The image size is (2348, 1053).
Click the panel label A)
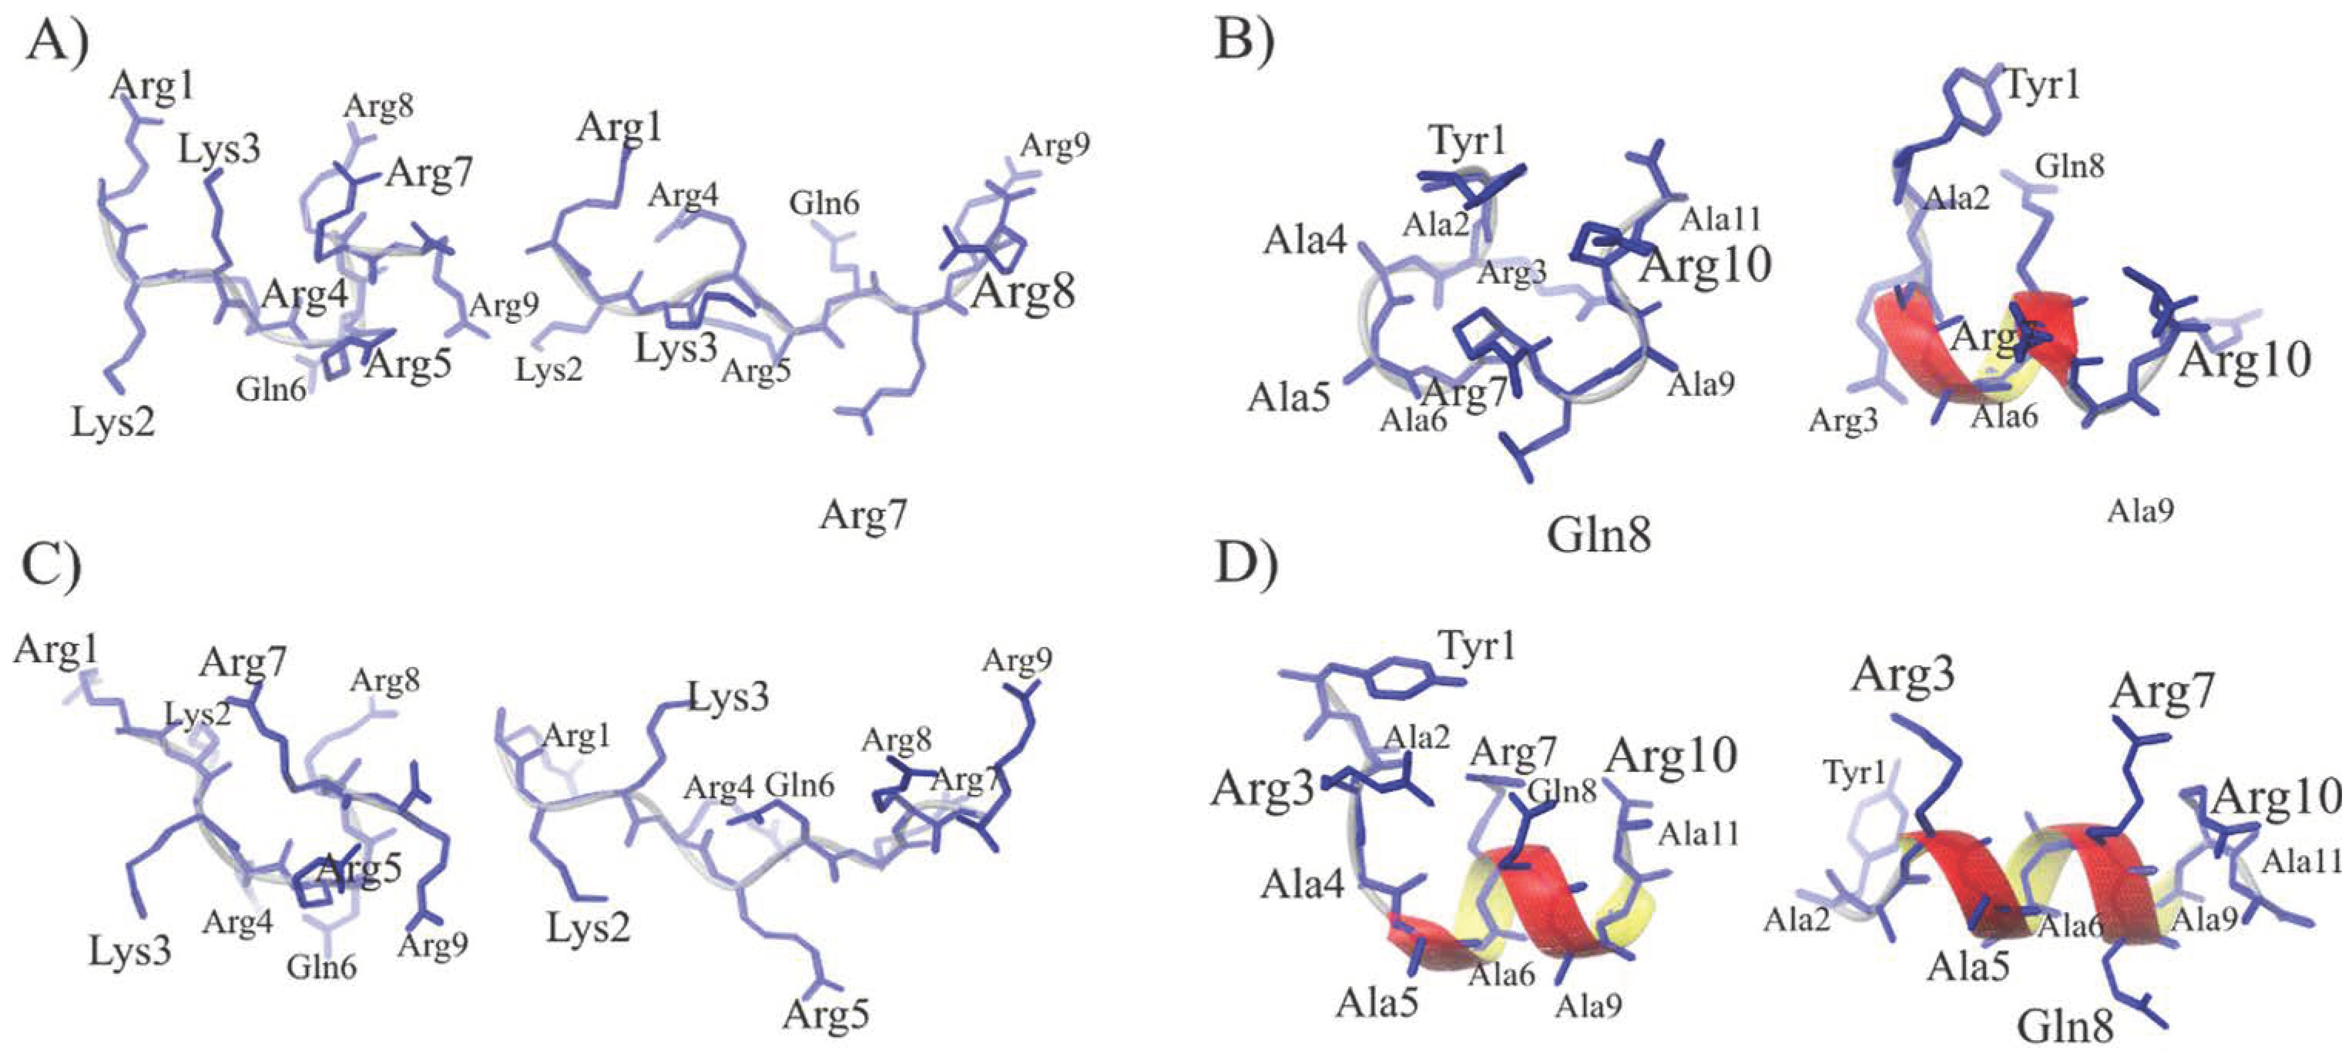[x=57, y=41]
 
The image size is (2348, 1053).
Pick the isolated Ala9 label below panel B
[x=2139, y=511]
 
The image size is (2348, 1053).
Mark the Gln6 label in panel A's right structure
[x=824, y=202]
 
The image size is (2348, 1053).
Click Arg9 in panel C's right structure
[x=1017, y=660]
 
